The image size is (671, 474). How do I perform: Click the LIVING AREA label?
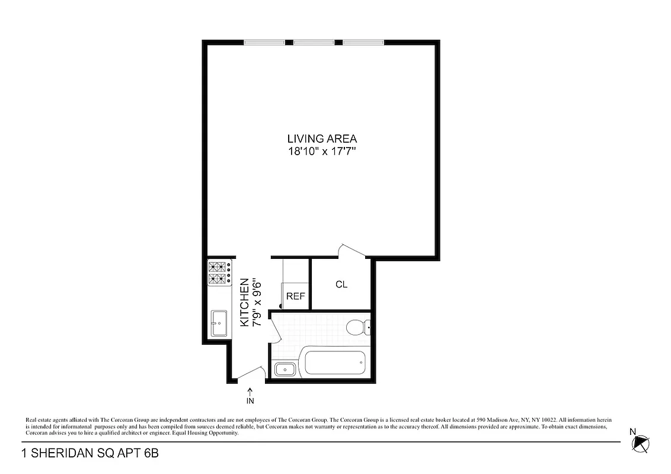[x=322, y=139]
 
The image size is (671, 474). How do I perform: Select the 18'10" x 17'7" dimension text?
[x=322, y=151]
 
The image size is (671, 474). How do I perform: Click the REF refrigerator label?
[x=295, y=296]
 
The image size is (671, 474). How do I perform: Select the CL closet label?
[x=341, y=284]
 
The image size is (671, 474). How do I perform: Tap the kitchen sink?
[x=219, y=324]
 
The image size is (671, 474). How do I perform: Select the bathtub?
[x=334, y=363]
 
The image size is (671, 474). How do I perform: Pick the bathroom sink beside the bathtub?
[x=285, y=370]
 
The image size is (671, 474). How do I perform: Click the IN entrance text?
[x=250, y=401]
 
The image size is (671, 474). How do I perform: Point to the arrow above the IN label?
[x=250, y=391]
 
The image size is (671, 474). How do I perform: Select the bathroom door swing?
[x=276, y=329]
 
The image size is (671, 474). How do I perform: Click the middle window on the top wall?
[x=314, y=43]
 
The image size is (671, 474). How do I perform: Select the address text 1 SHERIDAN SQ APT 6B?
[x=90, y=454]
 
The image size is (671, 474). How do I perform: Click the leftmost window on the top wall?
[x=264, y=43]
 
